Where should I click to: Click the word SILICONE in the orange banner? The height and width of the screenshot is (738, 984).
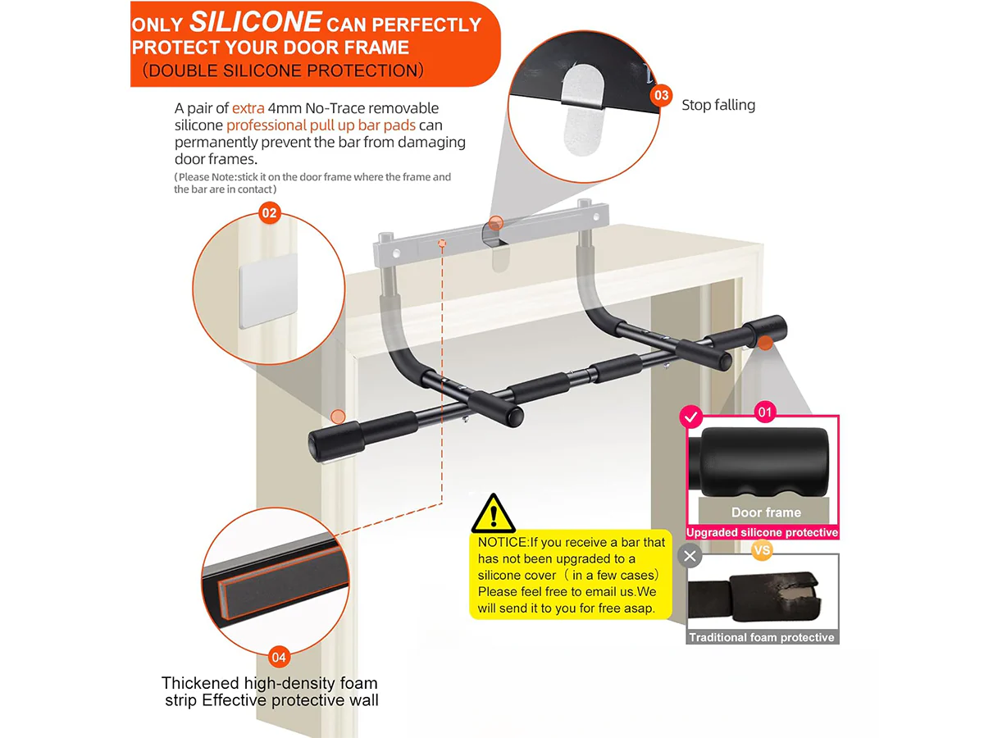255,21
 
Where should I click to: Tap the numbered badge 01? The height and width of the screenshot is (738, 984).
765,412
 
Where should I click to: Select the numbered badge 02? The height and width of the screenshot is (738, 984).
270,213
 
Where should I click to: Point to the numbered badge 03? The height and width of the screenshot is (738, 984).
661,95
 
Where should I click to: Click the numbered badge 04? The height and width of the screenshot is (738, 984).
278,658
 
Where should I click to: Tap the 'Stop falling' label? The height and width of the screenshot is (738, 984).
718,105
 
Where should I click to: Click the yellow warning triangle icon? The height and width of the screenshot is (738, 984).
493,513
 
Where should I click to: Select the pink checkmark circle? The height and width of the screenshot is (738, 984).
690,417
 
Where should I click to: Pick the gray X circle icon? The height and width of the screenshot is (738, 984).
690,556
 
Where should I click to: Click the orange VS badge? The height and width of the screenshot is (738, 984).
762,549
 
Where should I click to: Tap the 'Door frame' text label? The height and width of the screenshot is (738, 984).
766,512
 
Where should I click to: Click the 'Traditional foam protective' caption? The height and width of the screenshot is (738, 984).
762,637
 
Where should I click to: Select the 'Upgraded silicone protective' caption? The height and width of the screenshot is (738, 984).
762,532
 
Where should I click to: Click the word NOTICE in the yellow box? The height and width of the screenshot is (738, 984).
503,542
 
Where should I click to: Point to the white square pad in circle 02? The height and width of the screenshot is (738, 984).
268,291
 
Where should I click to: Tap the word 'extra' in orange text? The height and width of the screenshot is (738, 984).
248,108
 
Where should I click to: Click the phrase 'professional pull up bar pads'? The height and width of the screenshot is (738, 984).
321,125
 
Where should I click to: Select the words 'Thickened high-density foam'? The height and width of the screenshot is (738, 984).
270,683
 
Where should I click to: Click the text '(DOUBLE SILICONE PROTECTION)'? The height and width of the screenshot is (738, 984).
283,71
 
